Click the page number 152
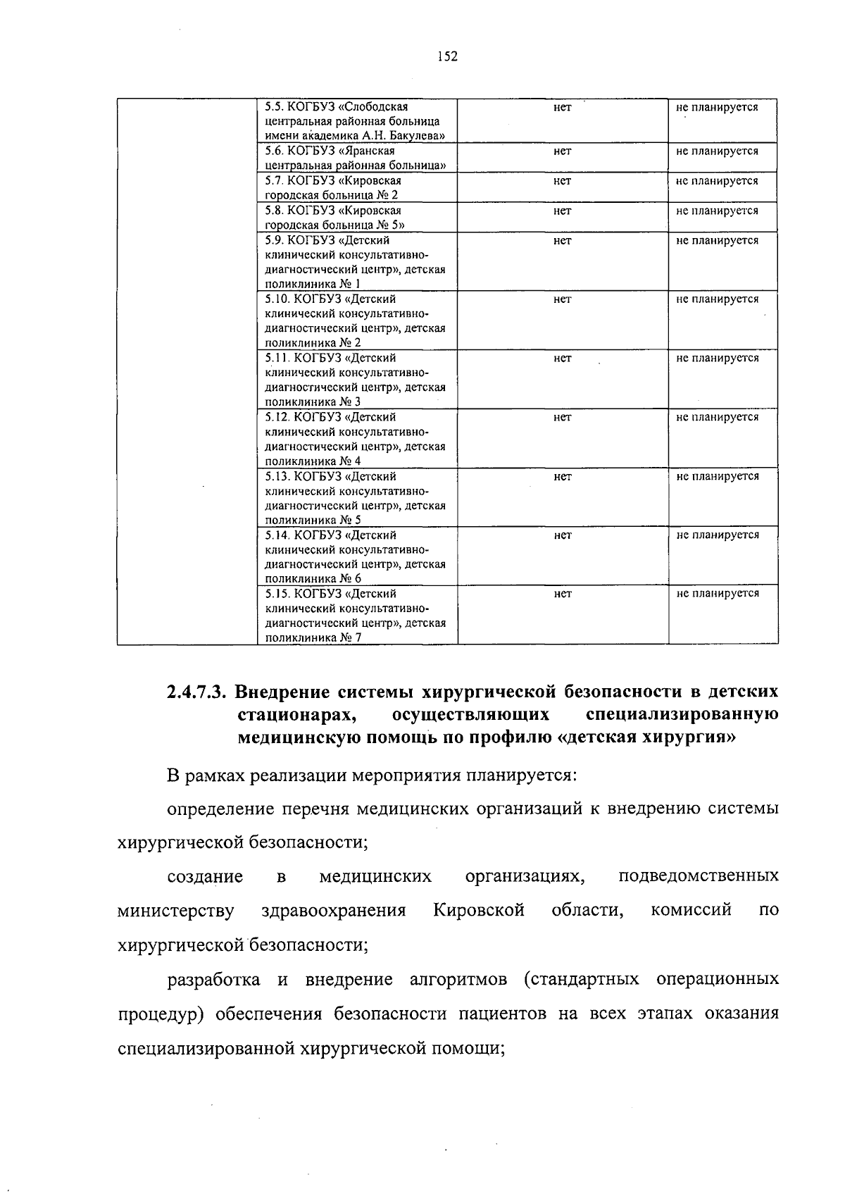(447, 57)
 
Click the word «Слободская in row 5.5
(373, 107)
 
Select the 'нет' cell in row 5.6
(562, 151)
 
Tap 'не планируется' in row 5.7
(717, 181)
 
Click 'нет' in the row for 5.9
(562, 241)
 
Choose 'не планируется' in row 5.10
(717, 299)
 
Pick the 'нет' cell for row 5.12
(562, 418)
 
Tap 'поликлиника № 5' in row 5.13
(313, 521)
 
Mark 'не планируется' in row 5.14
(717, 535)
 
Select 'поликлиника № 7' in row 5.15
(313, 638)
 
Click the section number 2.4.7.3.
(196, 691)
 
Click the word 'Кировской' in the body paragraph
(479, 910)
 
